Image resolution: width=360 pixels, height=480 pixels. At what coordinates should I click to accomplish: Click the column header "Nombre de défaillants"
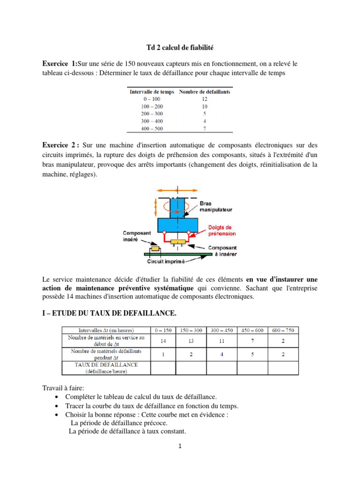point(204,92)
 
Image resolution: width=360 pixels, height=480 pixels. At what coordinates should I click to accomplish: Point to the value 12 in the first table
point(204,99)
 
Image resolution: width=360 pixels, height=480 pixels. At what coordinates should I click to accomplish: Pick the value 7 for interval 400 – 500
point(204,128)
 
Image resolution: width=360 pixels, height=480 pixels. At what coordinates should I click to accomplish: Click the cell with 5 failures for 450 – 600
point(252,354)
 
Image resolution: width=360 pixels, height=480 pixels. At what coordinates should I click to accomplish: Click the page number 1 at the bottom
point(180,446)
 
